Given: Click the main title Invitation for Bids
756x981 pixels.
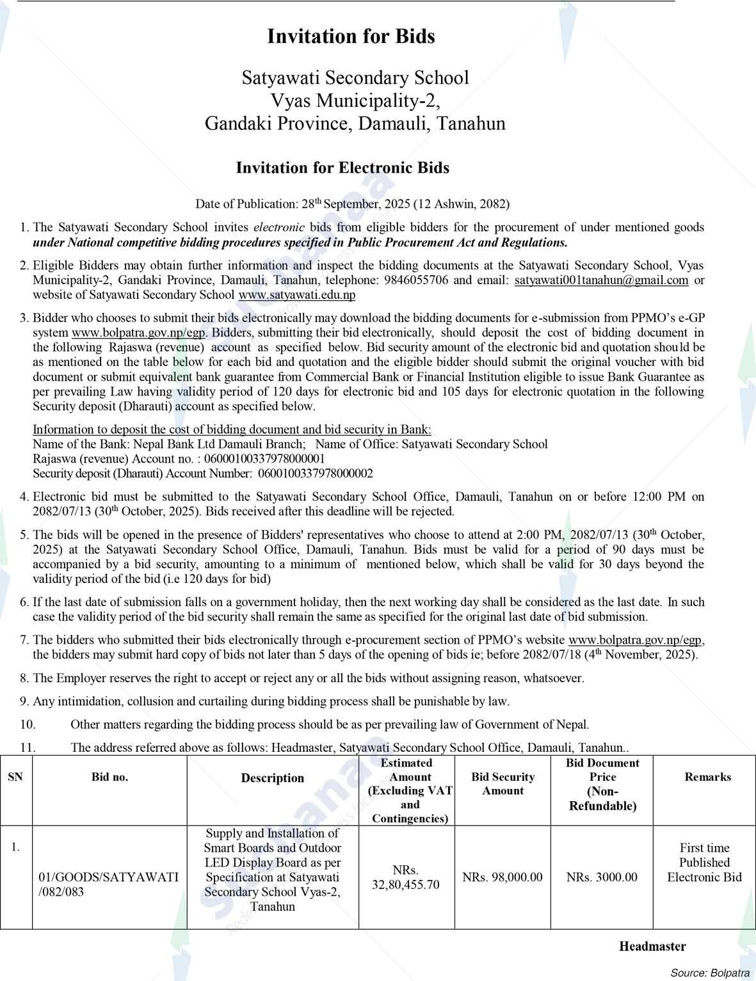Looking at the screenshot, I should coord(351,36).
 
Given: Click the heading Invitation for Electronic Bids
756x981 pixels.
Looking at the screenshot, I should coord(342,168).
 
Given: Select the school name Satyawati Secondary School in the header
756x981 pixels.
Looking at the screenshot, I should coord(355,78).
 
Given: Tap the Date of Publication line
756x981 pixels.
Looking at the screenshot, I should coord(352,204).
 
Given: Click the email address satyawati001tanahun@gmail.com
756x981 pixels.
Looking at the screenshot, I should coord(601,280).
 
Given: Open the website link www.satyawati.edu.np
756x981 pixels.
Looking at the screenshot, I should coord(297,295).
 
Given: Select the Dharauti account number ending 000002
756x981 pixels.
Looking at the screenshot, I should coord(315,474).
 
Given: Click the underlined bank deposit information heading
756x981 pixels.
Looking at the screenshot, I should coord(232,429).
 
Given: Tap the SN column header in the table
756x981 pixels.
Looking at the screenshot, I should coord(15,777).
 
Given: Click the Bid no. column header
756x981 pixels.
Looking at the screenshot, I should coord(109,777).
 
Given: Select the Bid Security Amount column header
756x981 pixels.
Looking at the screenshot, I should coord(503,784).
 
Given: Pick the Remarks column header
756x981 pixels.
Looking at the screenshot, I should coord(707,777).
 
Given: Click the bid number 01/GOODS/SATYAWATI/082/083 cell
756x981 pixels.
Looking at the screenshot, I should coord(108,884).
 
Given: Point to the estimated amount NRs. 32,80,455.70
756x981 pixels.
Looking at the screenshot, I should coord(406,877).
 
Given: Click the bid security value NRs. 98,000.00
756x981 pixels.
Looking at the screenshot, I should coord(503,877).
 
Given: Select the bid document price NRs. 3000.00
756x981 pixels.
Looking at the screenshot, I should coord(602,877).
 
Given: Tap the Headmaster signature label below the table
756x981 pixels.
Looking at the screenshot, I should coord(652,946).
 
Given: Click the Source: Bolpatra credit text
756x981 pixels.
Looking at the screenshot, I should coord(710,973).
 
